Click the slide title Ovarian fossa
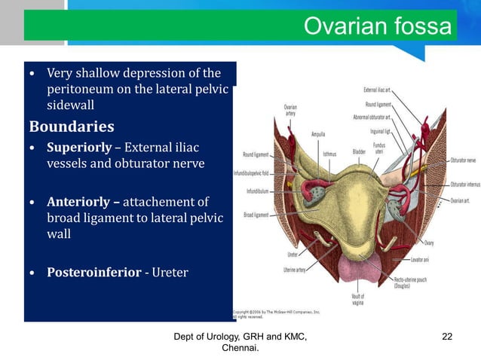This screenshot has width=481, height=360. tap(377, 26)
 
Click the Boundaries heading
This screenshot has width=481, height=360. tap(72, 125)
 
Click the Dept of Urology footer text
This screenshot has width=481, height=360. tap(240, 342)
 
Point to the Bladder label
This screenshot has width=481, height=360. tap(360, 152)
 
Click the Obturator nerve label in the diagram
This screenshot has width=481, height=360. tap(461, 160)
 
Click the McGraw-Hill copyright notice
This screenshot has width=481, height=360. tap(277, 313)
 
